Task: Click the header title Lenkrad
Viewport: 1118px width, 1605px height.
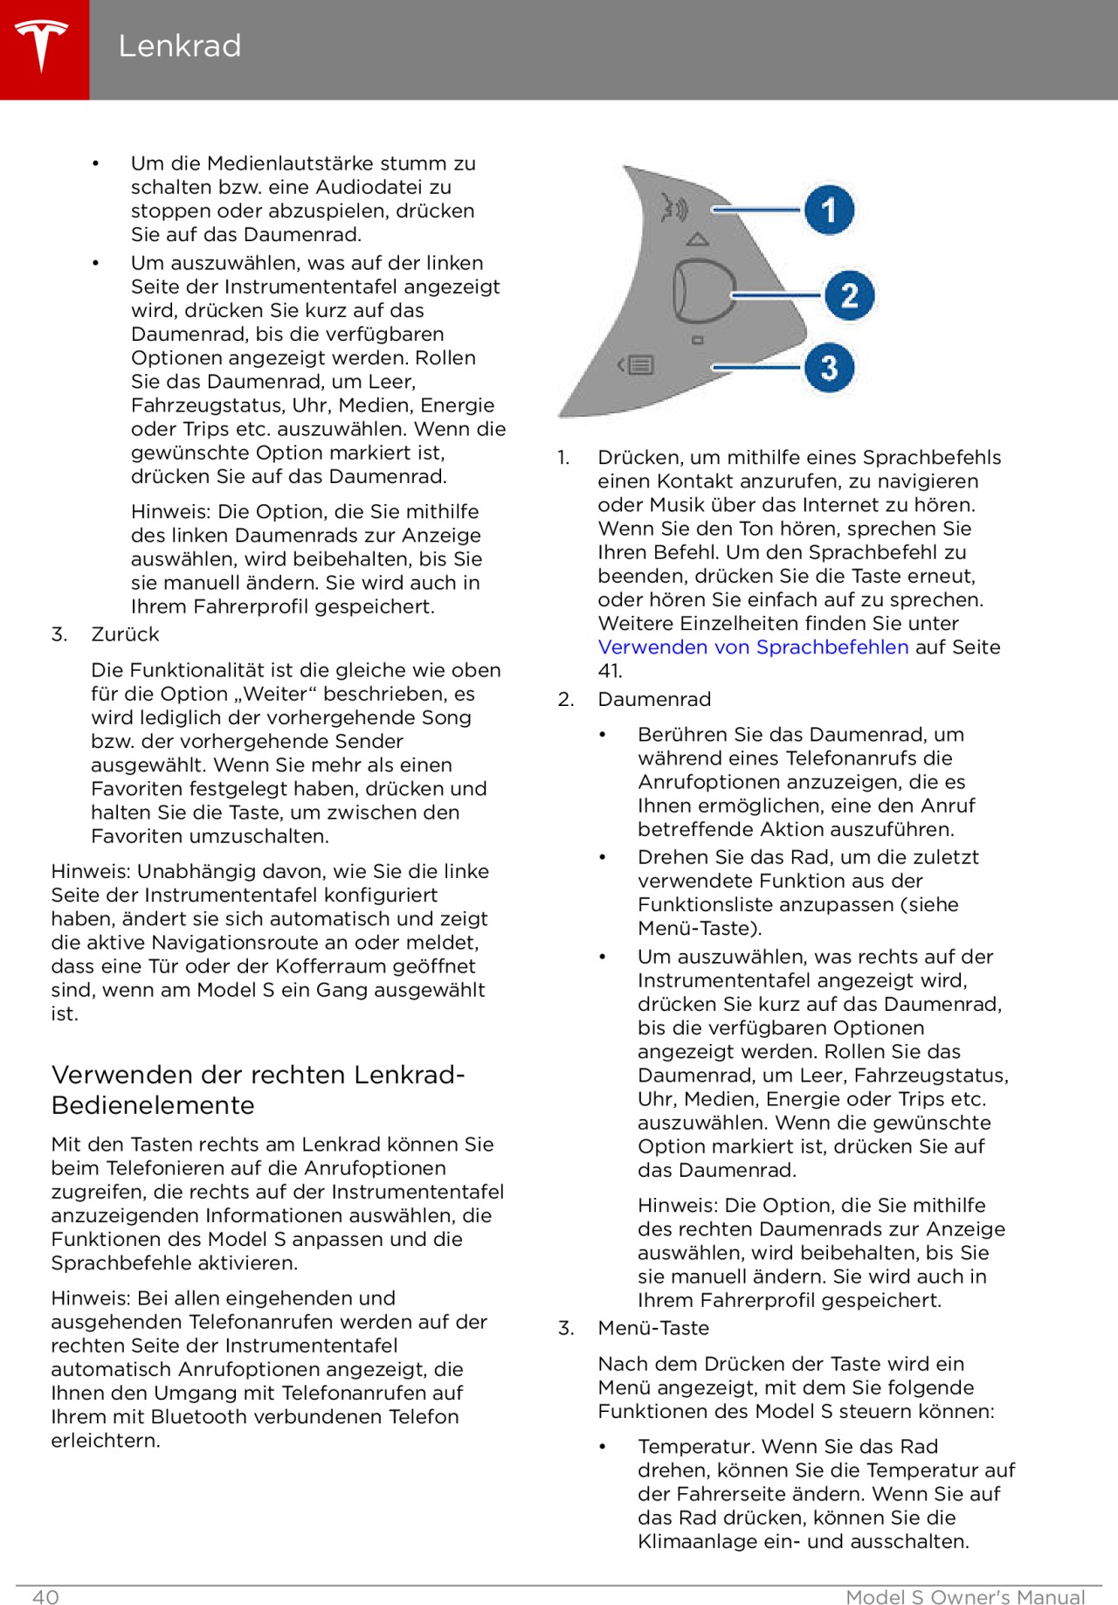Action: (179, 45)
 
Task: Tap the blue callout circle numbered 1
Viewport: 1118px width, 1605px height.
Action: (828, 210)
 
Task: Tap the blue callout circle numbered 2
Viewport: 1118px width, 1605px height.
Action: (849, 295)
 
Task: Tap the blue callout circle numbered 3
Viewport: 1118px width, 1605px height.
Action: (828, 368)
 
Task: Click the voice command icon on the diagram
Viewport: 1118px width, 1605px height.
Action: (674, 208)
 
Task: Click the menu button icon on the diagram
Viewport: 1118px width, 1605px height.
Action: (637, 365)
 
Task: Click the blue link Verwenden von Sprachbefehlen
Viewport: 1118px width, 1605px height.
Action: (753, 647)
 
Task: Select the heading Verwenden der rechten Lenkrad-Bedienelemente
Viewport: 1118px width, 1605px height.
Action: (258, 1090)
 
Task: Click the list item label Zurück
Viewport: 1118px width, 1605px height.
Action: (125, 634)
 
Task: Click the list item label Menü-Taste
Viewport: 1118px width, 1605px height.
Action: (653, 1328)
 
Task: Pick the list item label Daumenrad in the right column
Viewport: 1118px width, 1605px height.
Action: (654, 699)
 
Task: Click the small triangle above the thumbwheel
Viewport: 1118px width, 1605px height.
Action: (697, 239)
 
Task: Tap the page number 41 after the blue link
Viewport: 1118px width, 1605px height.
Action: (609, 671)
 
